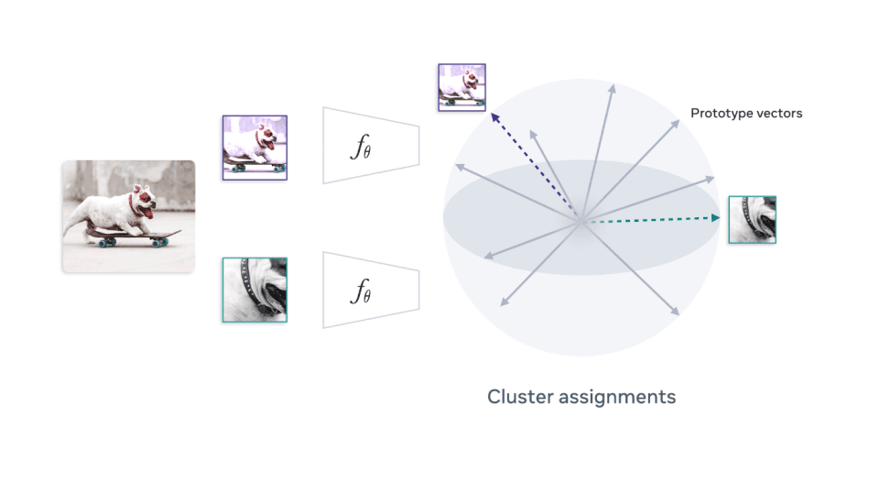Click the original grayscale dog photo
[128, 216]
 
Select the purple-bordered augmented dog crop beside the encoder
[255, 147]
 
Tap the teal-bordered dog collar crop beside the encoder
[255, 290]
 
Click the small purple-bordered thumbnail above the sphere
[462, 87]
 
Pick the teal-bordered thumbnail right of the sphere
[752, 219]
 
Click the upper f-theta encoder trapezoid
[371, 145]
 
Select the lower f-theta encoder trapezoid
[371, 290]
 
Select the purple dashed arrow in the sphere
[536, 167]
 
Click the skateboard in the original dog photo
[128, 238]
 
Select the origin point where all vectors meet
[581, 221]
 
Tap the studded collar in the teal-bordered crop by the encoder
[245, 271]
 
